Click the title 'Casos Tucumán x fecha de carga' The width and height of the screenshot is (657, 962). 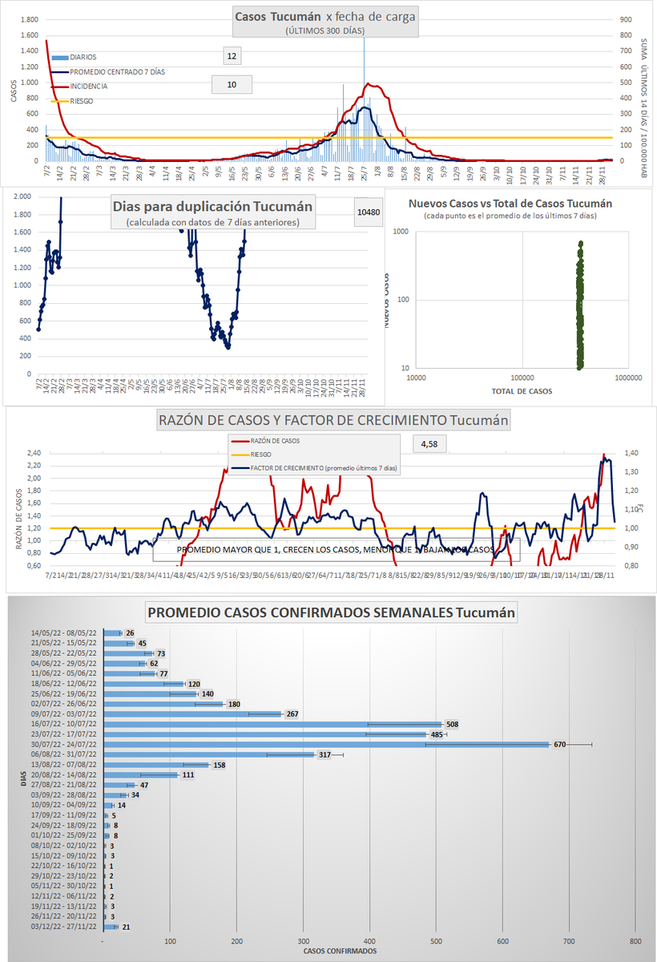pyautogui.click(x=324, y=16)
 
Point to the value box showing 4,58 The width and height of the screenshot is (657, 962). pyautogui.click(x=429, y=443)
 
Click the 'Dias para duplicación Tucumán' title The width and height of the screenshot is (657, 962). pyautogui.click(x=212, y=206)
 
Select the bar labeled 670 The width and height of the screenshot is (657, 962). pyautogui.click(x=326, y=744)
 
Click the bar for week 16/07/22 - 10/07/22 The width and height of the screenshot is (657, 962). pyautogui.click(x=272, y=724)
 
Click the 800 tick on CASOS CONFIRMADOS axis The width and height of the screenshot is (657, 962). pyautogui.click(x=635, y=940)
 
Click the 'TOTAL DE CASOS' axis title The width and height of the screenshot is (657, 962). pyautogui.click(x=522, y=391)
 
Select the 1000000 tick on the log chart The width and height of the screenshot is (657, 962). pyautogui.click(x=628, y=377)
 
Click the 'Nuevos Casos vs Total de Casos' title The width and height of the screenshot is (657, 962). pyautogui.click(x=510, y=204)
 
